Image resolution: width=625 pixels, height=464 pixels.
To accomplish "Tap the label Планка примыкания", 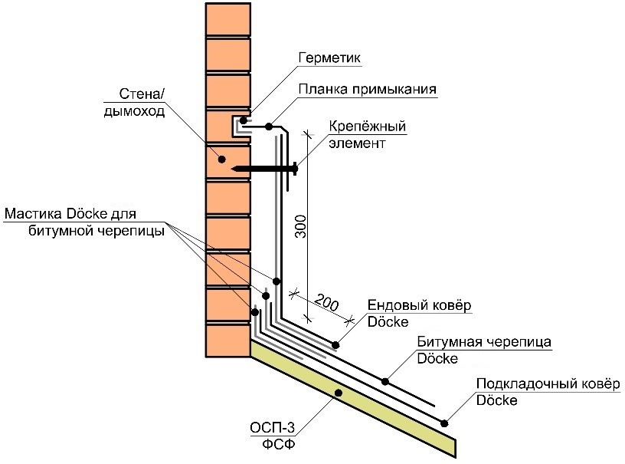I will (x=367, y=89).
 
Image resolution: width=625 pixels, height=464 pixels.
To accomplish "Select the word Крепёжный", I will (x=367, y=126).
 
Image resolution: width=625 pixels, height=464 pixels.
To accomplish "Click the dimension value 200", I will (x=326, y=303).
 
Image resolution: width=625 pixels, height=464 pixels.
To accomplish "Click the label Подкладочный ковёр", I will (x=547, y=383).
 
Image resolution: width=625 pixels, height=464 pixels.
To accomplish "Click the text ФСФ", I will (x=273, y=445).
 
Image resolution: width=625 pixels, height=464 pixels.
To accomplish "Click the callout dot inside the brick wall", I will (x=221, y=160).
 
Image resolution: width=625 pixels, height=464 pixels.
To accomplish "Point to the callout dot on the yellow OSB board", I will (x=338, y=393).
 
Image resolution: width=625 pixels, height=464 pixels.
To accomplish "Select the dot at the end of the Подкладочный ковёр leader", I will (x=444, y=420).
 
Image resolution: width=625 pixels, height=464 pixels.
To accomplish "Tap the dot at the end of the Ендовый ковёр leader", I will (x=335, y=345).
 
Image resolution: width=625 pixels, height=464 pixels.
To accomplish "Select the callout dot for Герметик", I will (x=245, y=120).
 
